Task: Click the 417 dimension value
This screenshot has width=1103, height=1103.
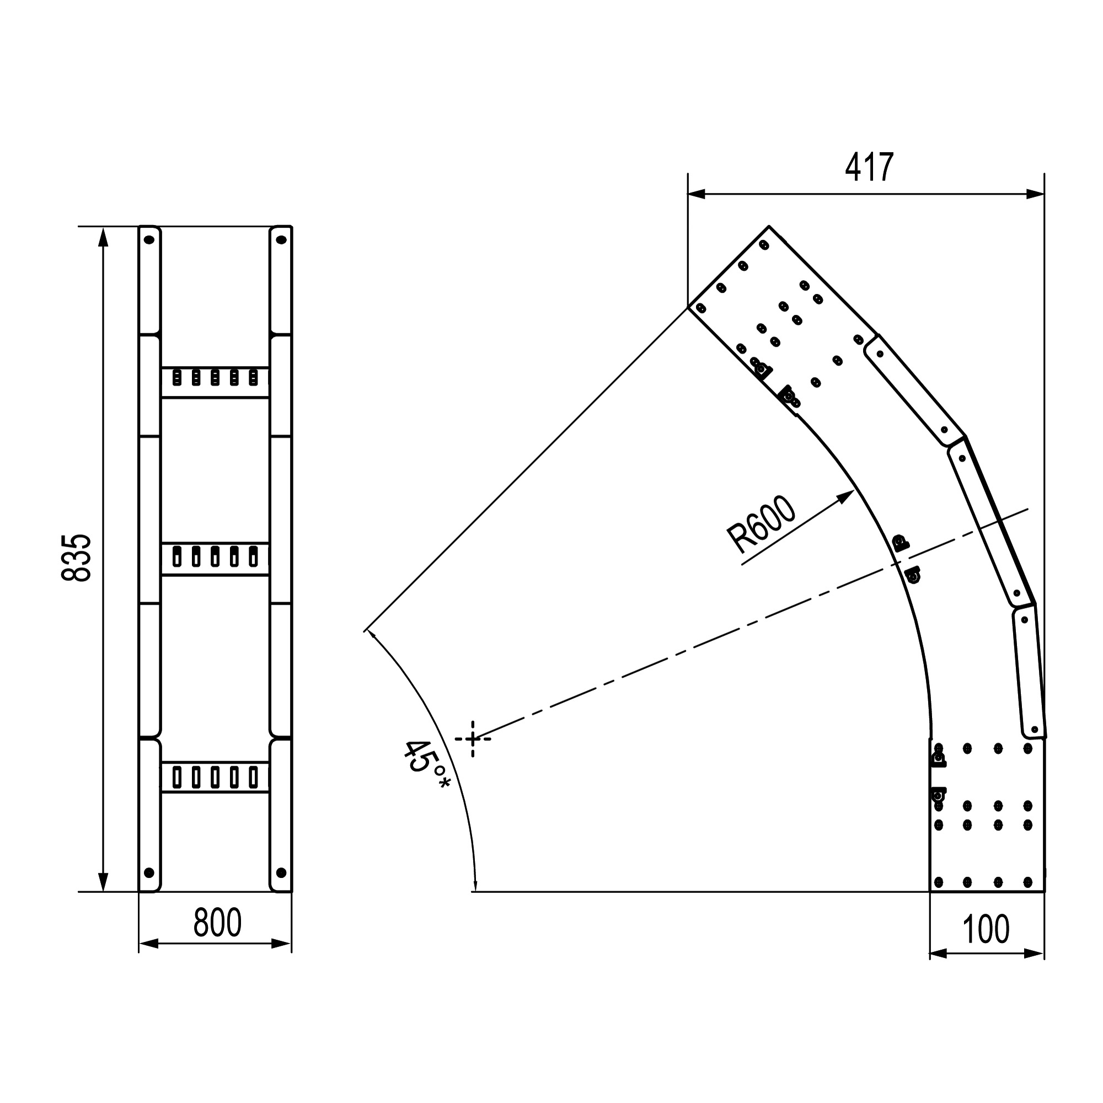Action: pyautogui.click(x=869, y=167)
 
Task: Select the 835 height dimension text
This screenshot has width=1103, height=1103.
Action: pyautogui.click(x=76, y=558)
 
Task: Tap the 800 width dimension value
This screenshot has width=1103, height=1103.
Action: pyautogui.click(x=217, y=922)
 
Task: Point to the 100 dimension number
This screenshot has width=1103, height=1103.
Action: pyautogui.click(x=986, y=929)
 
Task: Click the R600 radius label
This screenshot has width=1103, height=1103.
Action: pyautogui.click(x=761, y=525)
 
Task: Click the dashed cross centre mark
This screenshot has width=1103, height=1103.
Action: pyautogui.click(x=473, y=739)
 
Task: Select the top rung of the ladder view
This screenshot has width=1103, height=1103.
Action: pyautogui.click(x=215, y=382)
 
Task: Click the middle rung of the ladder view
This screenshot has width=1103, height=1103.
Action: pyautogui.click(x=215, y=559)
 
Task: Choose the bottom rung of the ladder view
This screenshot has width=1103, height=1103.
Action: pyautogui.click(x=215, y=777)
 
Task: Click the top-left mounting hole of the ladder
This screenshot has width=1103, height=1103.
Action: pyautogui.click(x=149, y=240)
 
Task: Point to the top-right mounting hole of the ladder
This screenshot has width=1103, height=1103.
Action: pyautogui.click(x=281, y=240)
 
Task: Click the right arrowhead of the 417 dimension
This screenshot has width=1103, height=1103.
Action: pyautogui.click(x=1035, y=194)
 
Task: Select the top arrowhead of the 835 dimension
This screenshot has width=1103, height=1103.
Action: pyautogui.click(x=103, y=237)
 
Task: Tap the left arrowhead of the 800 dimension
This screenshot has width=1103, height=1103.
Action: pyautogui.click(x=148, y=944)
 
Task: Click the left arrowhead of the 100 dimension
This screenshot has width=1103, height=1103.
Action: pyautogui.click(x=939, y=954)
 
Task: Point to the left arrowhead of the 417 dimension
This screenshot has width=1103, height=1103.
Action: pyautogui.click(x=697, y=194)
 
